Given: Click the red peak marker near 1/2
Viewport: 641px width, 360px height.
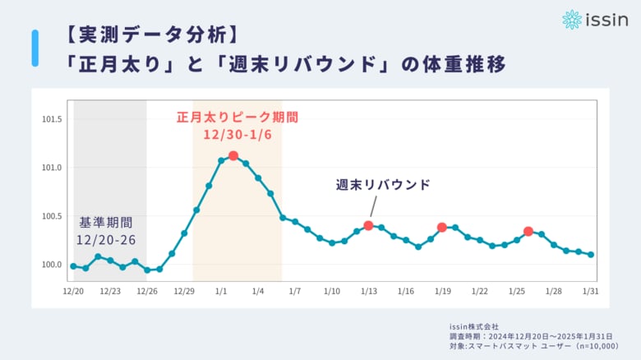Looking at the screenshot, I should point(233,156).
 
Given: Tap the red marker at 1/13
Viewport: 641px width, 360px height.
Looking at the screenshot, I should point(368,225).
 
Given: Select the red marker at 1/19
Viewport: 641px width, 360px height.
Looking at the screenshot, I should point(442,227).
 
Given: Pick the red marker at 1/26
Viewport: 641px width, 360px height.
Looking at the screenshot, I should point(528,232).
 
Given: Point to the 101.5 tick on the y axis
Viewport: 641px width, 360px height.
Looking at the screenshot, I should point(52,119).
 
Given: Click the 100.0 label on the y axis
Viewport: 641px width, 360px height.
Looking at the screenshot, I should point(52,265).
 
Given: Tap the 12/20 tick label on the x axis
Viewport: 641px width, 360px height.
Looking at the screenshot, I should point(73,292).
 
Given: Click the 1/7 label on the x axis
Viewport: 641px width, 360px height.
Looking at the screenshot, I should point(295,292).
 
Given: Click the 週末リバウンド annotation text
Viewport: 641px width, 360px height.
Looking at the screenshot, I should point(383,185).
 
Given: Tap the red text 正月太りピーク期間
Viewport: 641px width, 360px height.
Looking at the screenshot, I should point(237,117).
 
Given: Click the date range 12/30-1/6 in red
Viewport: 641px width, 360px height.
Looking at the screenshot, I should point(237,133).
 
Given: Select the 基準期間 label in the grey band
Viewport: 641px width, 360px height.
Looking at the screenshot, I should point(105,222).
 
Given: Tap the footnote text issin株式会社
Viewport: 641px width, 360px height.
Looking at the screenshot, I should point(475,326).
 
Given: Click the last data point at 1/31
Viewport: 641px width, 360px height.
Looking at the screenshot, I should point(591,255).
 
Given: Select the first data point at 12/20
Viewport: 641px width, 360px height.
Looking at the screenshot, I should point(73,265).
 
